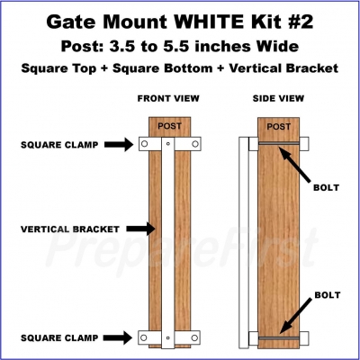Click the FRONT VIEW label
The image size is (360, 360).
click(168, 98)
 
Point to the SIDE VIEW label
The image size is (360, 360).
click(278, 98)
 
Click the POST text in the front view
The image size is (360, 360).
click(169, 126)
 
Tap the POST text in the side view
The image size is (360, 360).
click(279, 127)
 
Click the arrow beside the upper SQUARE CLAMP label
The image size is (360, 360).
click(119, 145)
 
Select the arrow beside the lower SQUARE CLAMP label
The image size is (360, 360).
click(118, 337)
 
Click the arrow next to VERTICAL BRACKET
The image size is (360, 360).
click(140, 229)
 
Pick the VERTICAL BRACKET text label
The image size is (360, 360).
click(70, 229)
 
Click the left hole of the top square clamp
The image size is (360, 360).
click(144, 144)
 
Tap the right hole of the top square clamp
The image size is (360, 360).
click(195, 144)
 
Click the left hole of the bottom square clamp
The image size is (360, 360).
click(144, 337)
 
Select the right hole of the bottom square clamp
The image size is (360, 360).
click(194, 338)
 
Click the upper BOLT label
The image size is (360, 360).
click(327, 188)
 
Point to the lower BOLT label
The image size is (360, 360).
click(328, 295)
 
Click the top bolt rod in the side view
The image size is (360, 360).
click(279, 144)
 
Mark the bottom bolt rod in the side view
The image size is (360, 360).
click(279, 338)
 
